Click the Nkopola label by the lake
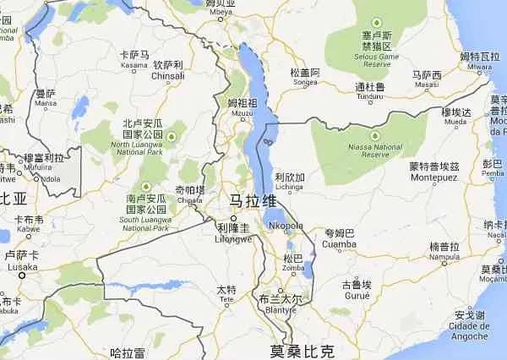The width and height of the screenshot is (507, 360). pos(285,226)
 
